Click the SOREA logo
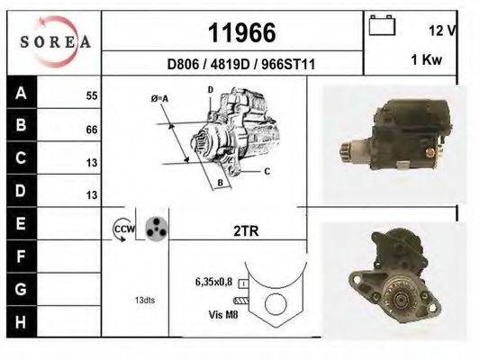[54, 41]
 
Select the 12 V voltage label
[442, 30]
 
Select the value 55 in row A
[91, 94]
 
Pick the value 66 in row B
[91, 130]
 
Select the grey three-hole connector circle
[157, 229]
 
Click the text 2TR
[246, 231]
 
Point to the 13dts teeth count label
[144, 300]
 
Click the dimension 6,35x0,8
[213, 281]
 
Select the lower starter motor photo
[388, 278]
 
